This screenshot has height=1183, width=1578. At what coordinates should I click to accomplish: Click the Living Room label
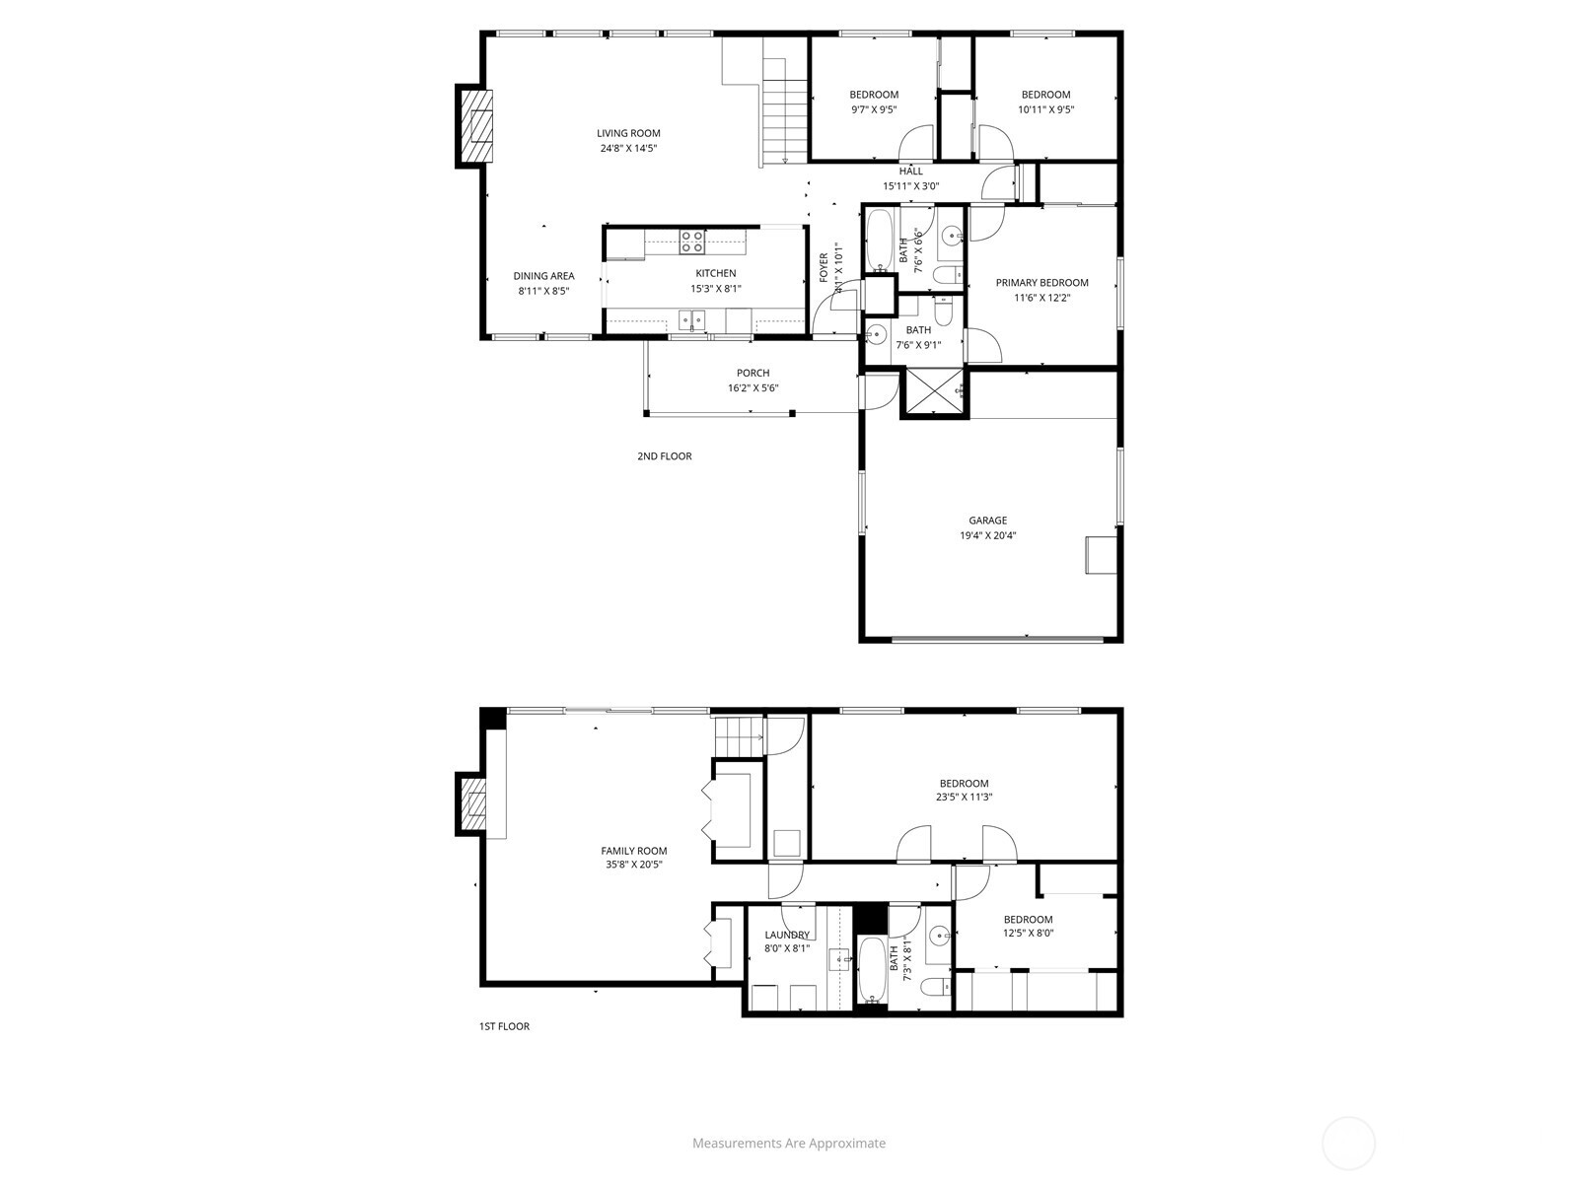click(628, 133)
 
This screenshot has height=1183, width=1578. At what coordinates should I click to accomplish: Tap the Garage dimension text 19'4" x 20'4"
click(987, 536)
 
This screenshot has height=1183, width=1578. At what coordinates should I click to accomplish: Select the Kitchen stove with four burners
click(691, 237)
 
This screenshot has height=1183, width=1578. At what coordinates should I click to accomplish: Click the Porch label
click(753, 373)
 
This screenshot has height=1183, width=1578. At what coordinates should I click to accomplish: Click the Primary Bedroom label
click(1041, 283)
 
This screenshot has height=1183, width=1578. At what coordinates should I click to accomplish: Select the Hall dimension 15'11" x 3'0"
click(910, 186)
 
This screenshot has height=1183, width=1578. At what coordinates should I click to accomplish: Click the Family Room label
click(634, 851)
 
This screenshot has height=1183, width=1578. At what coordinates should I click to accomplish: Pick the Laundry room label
click(787, 935)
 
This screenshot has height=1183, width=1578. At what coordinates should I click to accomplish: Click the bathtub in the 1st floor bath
click(871, 971)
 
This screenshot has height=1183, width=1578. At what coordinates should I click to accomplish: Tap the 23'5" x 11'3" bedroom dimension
click(964, 798)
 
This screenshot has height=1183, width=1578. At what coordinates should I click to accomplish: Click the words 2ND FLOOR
click(664, 456)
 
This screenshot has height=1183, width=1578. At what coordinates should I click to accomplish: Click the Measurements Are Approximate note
click(788, 1144)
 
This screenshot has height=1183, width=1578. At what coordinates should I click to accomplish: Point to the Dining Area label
click(543, 276)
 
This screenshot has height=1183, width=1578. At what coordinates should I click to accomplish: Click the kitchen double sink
click(693, 318)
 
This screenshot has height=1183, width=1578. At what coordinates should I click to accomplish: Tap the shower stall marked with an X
click(933, 393)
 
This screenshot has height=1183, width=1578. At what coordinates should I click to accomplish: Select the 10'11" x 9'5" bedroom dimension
click(1045, 110)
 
